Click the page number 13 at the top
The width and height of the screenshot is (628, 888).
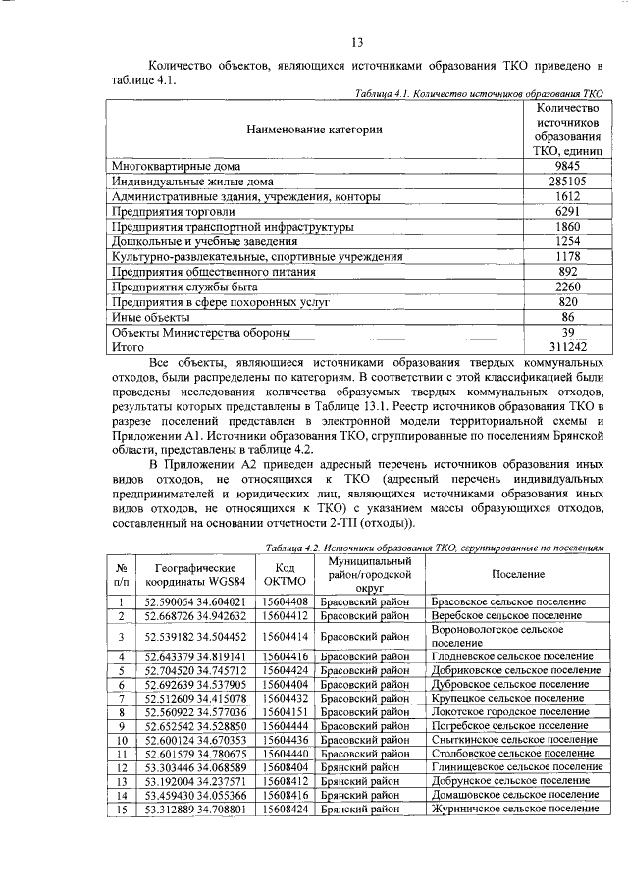357,41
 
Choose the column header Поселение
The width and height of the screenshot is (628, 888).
513,573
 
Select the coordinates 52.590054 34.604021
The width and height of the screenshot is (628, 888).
194,601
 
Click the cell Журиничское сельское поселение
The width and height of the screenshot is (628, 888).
511,810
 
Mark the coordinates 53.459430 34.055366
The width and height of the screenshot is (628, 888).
194,796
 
